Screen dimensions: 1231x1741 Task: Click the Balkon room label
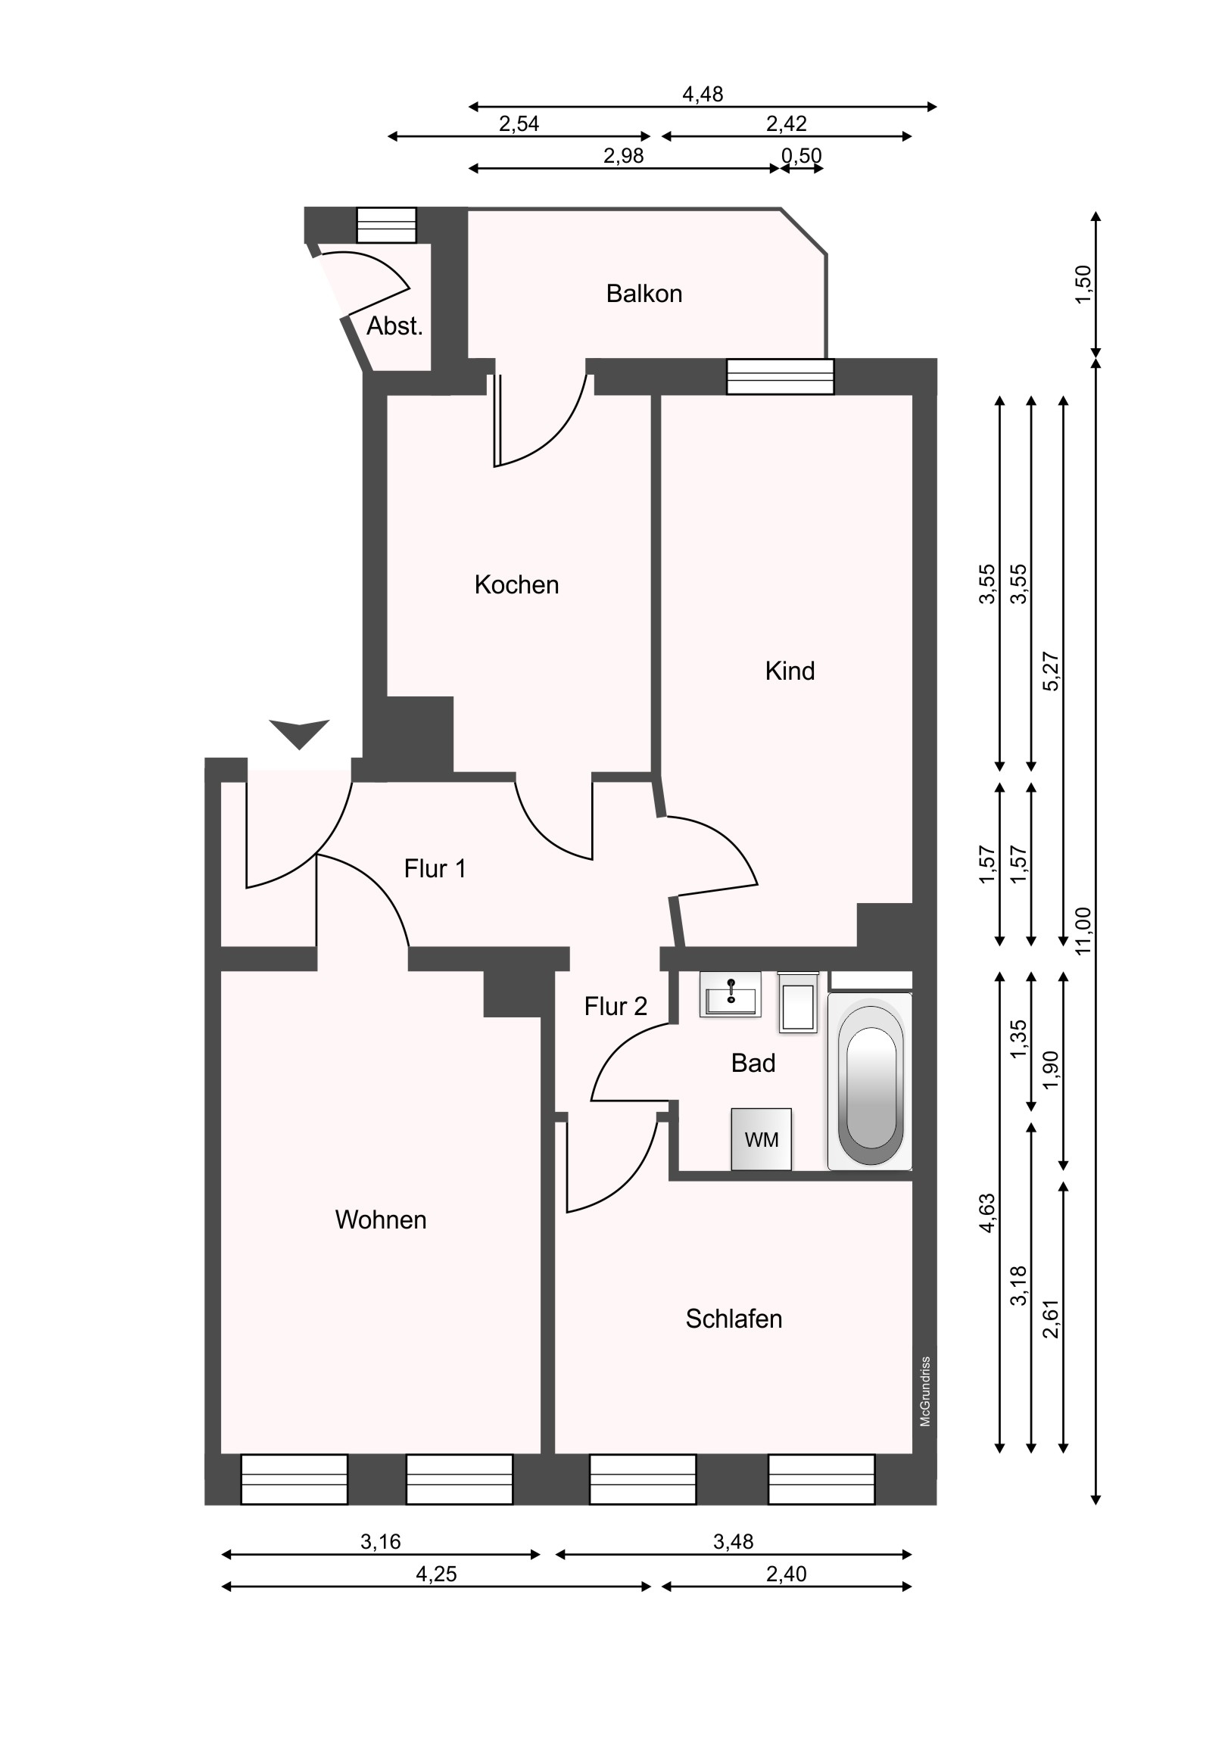[644, 294]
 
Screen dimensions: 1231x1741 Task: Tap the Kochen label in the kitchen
[516, 584]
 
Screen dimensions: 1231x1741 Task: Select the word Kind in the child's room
[790, 671]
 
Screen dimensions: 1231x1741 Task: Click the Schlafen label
[734, 1319]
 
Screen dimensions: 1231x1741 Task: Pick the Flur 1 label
[435, 868]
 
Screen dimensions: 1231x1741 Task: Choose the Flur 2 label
[615, 1006]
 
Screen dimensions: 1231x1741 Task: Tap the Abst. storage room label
[394, 326]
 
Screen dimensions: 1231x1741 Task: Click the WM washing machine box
[761, 1139]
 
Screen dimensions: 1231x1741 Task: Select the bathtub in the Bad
[871, 1082]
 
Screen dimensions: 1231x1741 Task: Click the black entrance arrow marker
[300, 734]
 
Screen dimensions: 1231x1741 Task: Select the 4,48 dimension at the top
[703, 95]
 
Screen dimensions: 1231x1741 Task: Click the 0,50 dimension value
[802, 156]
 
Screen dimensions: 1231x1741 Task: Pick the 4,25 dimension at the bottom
[436, 1574]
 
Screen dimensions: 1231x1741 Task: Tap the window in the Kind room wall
[780, 377]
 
